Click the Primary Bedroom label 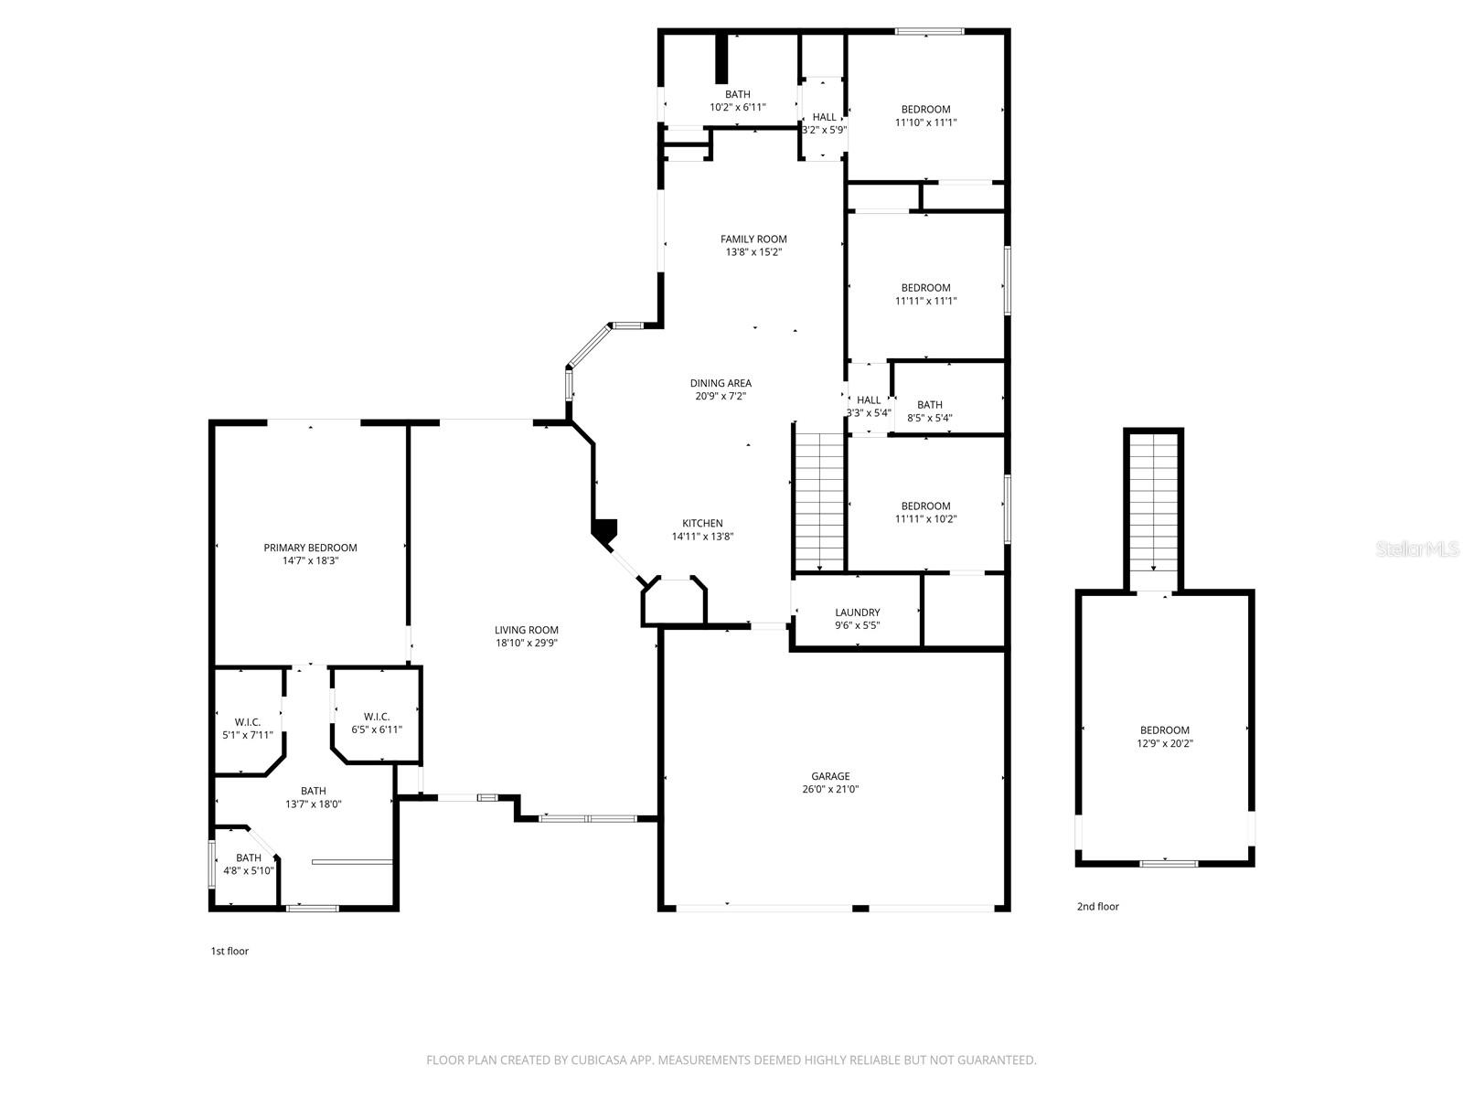point(310,548)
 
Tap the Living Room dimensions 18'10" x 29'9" point(526,643)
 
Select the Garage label point(830,776)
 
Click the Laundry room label point(857,612)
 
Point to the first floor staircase point(820,500)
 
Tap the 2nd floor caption point(1097,907)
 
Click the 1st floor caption point(230,951)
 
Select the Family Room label point(753,240)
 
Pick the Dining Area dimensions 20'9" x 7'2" point(721,396)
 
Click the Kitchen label point(702,524)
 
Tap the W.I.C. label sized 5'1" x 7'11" point(247,722)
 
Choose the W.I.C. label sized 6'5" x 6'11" point(377,717)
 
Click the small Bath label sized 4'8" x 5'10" point(249,857)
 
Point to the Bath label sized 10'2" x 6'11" point(737,94)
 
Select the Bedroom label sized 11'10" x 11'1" point(925,110)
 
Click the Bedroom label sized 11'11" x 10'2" point(925,506)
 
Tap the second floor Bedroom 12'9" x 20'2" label point(1164,730)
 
